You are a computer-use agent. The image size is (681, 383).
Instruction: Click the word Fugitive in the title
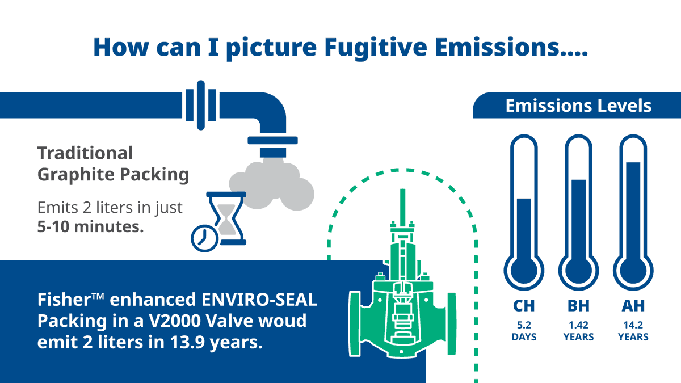coord(376,48)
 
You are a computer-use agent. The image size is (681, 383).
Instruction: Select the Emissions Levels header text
coord(578,106)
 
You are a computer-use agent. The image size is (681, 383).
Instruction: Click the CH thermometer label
coord(524,306)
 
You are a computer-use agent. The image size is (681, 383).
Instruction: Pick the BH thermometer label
coord(578,306)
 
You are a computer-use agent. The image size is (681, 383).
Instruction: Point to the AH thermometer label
coord(633,306)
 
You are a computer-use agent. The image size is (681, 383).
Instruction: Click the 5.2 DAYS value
coord(524,331)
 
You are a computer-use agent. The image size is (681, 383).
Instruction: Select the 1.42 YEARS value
coord(578,331)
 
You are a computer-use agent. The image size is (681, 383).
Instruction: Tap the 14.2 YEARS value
coord(633,331)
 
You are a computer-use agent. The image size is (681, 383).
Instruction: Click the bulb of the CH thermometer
coord(524,271)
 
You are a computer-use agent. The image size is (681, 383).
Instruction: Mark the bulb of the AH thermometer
coord(633,271)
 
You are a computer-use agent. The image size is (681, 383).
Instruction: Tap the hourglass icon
coord(226,218)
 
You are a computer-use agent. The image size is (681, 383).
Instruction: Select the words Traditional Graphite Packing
coord(113,163)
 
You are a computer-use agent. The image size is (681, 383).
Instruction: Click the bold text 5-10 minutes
coord(90,227)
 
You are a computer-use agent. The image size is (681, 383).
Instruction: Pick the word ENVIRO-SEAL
coord(259,300)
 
